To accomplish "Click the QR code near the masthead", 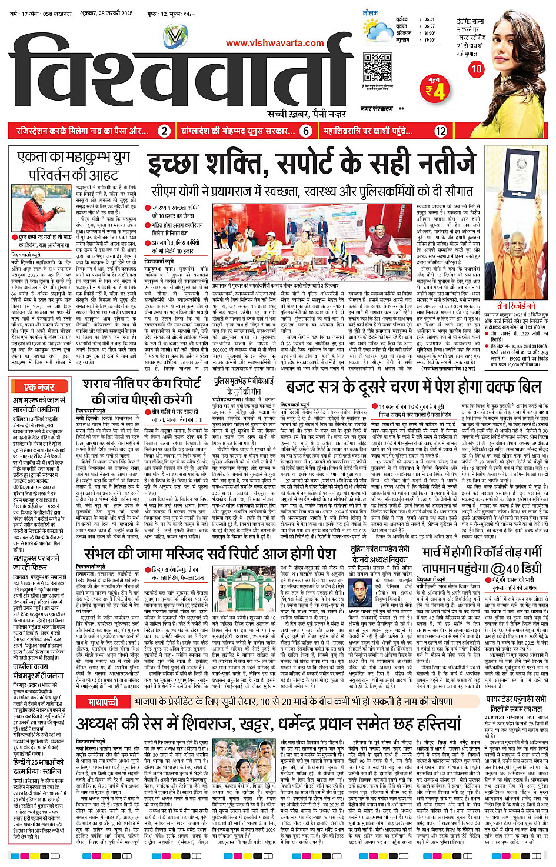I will click(378, 68).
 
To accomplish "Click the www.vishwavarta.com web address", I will click(275, 42).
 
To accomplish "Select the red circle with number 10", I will click(475, 69).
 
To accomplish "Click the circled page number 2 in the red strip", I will click(165, 131).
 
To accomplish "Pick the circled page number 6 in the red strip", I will click(306, 131).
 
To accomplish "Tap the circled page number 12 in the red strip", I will click(441, 131).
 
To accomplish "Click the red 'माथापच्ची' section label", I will click(103, 702).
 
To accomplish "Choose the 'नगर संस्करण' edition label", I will click(377, 109).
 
